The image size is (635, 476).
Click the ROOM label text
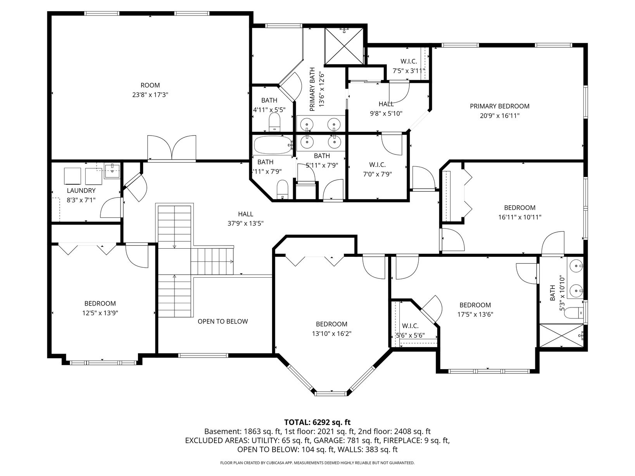[x=150, y=85]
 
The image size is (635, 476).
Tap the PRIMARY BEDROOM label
[x=500, y=107]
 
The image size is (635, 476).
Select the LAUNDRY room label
[x=81, y=191]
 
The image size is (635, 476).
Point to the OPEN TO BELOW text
[x=223, y=321]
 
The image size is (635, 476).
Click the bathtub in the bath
[x=273, y=145]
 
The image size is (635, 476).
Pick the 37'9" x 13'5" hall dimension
[x=246, y=223]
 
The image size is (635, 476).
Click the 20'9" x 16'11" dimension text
[x=500, y=116]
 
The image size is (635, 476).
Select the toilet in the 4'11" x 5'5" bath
[x=274, y=122]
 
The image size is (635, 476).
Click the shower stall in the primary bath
[x=344, y=46]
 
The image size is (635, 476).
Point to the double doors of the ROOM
[x=172, y=148]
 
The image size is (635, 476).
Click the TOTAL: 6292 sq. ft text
[x=317, y=422]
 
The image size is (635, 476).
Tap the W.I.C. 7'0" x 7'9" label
[x=378, y=169]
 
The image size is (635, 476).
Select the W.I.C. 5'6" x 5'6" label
[x=410, y=331]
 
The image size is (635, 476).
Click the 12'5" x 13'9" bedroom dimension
[x=100, y=313]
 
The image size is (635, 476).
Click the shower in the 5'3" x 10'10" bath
[x=562, y=335]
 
